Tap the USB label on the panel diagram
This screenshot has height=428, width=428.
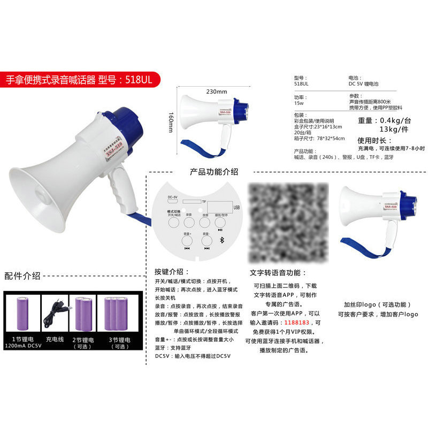[236, 208]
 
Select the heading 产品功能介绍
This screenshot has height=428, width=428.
[214, 172]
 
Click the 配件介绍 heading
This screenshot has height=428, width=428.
[22, 276]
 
